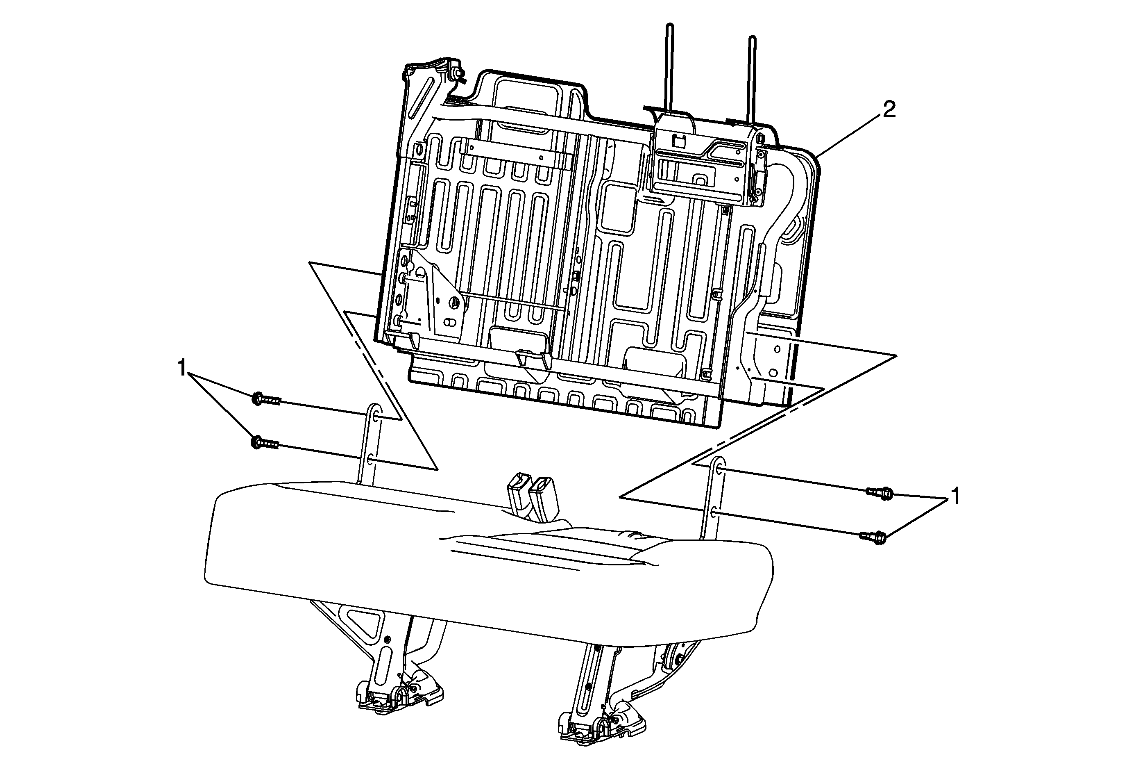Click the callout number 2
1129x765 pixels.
pyautogui.click(x=889, y=110)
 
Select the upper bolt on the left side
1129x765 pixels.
pyautogui.click(x=267, y=399)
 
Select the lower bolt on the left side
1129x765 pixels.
pyautogui.click(x=265, y=442)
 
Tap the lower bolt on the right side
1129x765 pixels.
pyautogui.click(x=873, y=537)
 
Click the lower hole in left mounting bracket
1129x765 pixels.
pyautogui.click(x=370, y=458)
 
